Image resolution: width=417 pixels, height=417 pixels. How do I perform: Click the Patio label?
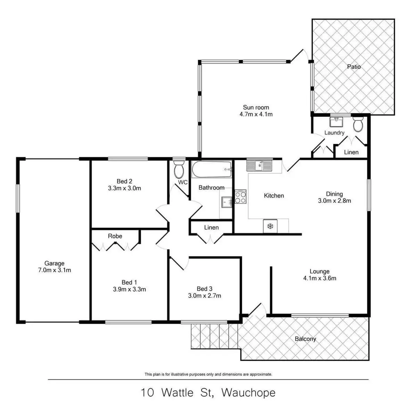pos(354,66)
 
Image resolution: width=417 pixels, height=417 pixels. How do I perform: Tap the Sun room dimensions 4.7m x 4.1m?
pos(256,114)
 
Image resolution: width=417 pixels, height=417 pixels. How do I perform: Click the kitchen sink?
pos(259,166)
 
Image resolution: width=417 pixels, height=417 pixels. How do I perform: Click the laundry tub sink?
pos(336,122)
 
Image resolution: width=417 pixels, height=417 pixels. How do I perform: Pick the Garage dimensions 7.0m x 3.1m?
pos(55,270)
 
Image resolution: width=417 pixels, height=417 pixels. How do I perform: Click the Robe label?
pos(115,236)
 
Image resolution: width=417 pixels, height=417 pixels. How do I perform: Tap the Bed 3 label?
pos(204,289)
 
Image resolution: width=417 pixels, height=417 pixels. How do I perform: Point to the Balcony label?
pos(305,339)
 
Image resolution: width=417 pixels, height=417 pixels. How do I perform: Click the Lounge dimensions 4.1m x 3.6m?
pos(320,278)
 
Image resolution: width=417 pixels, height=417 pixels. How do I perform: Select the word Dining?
pos(334,194)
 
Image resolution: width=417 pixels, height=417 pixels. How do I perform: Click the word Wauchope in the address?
pos(248,393)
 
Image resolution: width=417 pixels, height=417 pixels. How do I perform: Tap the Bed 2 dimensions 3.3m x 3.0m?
pos(124,188)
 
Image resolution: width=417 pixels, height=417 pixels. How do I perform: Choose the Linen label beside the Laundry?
pos(351,152)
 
